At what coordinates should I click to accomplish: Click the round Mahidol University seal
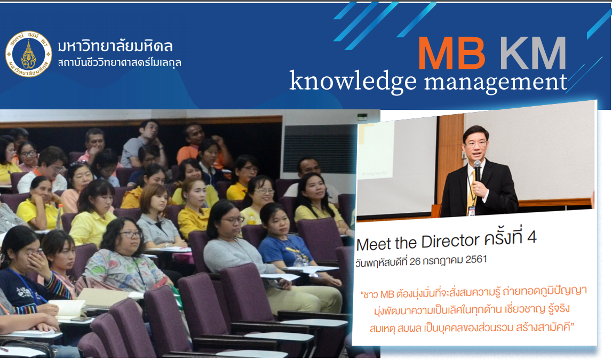click(x=28, y=54)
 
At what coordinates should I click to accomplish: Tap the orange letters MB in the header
click(x=451, y=53)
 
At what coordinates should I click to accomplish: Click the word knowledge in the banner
click(x=353, y=82)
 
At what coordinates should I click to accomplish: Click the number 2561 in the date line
click(x=476, y=260)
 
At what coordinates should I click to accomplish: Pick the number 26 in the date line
click(x=415, y=261)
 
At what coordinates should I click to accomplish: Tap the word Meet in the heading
click(x=369, y=244)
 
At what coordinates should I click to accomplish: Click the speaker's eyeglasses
click(x=475, y=143)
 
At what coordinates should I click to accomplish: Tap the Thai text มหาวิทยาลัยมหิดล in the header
click(x=116, y=46)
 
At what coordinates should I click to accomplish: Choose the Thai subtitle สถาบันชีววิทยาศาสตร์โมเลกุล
click(x=120, y=62)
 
